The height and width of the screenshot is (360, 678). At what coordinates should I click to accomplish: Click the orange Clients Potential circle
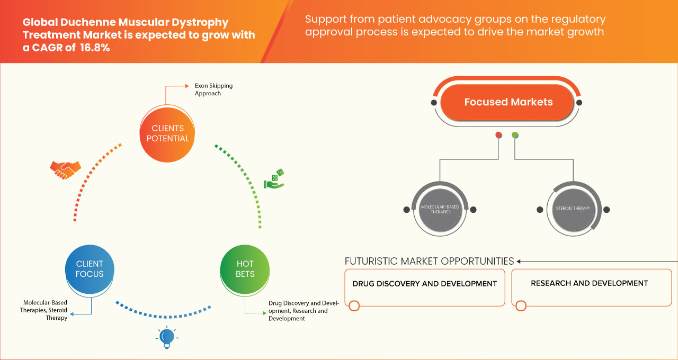coord(167,133)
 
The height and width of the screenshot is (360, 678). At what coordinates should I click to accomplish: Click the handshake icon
coord(65,169)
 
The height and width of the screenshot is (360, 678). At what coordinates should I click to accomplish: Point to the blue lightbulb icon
coord(167,337)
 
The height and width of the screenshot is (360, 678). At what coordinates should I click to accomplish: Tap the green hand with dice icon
coord(274,179)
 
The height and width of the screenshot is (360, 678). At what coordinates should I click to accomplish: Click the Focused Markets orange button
coord(508,102)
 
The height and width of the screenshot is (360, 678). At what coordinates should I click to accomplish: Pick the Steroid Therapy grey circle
coord(573,209)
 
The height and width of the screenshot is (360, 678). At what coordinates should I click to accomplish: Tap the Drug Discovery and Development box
coord(425,287)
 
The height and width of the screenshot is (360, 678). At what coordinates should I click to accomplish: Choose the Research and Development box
coord(591,287)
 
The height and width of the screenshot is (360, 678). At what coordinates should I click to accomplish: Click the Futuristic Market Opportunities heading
coord(429,261)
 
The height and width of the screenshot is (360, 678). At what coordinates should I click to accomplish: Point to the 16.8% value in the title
coord(95,48)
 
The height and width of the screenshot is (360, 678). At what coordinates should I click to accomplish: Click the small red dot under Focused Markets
coord(498,136)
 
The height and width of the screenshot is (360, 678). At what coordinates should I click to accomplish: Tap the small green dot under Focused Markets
coord(515,136)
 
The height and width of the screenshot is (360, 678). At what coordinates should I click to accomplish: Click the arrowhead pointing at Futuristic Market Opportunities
coord(519,261)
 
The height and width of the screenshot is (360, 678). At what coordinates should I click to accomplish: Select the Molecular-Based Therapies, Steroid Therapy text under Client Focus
coord(45,310)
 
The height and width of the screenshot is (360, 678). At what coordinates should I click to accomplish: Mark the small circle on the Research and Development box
coord(521,306)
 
